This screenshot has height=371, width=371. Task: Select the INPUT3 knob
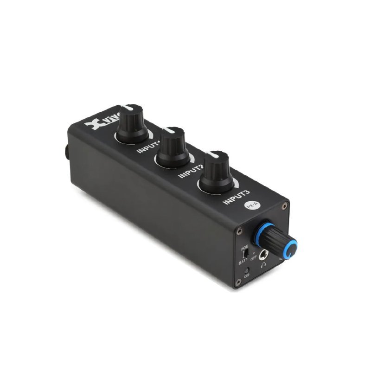[217, 172]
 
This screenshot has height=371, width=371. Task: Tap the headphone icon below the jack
[264, 265]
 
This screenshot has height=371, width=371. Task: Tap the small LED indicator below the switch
[246, 270]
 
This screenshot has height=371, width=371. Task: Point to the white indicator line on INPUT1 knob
[130, 107]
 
